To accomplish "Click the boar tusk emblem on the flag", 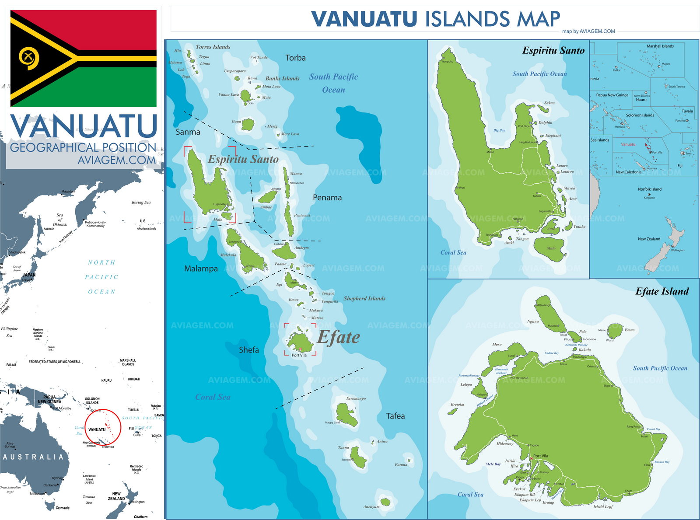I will [x=29, y=58].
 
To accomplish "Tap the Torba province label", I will [x=295, y=58].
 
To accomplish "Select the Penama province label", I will [x=327, y=198].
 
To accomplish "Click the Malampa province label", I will [x=201, y=269].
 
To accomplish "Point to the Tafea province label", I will [x=395, y=416].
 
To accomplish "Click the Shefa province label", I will [x=248, y=350].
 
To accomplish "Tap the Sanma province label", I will [x=188, y=132].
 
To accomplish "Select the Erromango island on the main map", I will [x=346, y=415].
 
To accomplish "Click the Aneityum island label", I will [x=371, y=507].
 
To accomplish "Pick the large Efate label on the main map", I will [x=339, y=337].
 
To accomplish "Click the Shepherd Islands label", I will [x=364, y=299].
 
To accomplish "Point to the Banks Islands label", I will [x=282, y=79].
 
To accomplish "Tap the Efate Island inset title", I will [x=661, y=292].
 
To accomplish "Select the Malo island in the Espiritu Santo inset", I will [x=550, y=248].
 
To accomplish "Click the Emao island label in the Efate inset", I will [x=629, y=330].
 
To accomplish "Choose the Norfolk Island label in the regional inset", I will [x=649, y=189].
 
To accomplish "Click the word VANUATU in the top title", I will [x=364, y=19].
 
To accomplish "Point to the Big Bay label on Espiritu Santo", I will [x=499, y=130].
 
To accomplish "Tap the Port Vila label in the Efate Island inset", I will [x=540, y=456].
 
